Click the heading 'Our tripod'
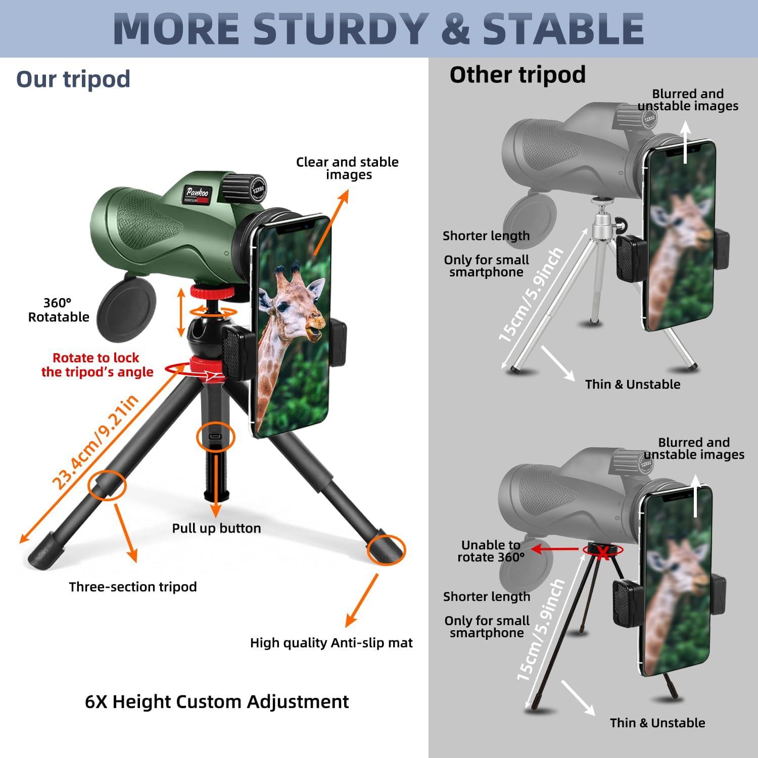click(73, 79)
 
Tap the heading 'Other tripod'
click(517, 75)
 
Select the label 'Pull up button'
click(216, 528)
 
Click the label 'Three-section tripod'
click(133, 587)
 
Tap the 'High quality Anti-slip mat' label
click(331, 643)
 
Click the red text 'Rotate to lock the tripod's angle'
click(97, 365)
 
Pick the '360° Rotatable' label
click(58, 310)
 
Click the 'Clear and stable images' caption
click(347, 168)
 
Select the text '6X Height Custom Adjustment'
click(217, 701)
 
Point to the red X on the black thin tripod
click(602, 552)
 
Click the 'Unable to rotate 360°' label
click(491, 551)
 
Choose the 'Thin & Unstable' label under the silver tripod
click(633, 384)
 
